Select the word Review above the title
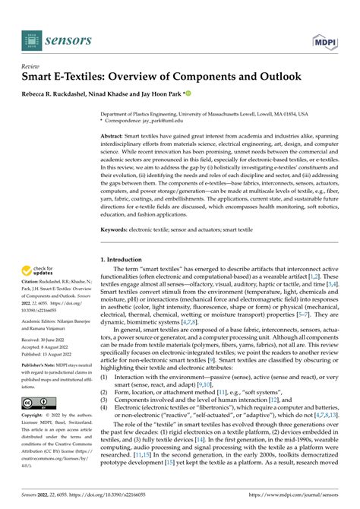click(x=30, y=67)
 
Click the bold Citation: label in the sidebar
click(x=31, y=289)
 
